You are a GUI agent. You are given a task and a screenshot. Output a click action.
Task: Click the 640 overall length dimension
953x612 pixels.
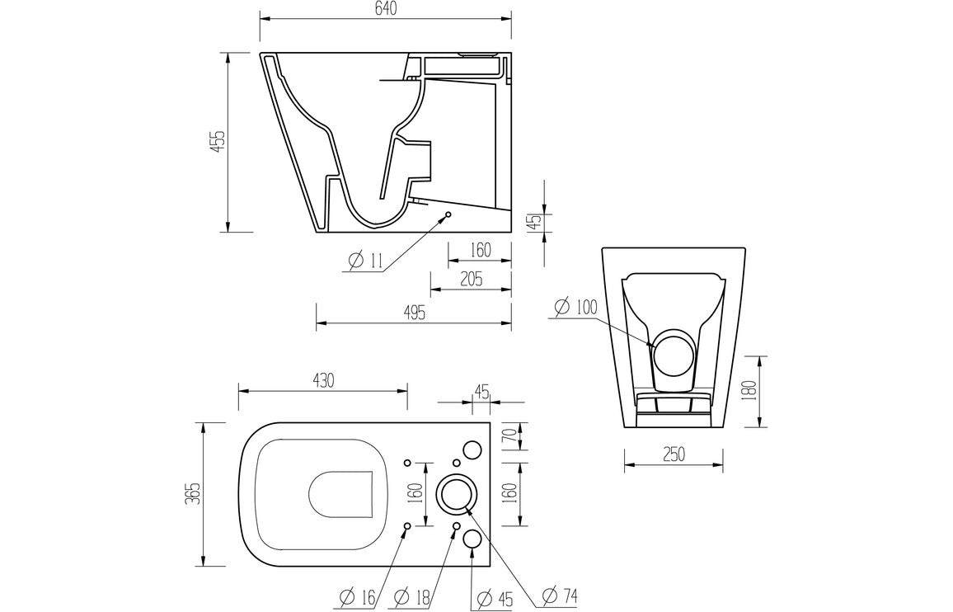385,9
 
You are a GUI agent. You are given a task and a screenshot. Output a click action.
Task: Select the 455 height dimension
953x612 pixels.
215,142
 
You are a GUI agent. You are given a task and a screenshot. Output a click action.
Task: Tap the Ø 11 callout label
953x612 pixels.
365,261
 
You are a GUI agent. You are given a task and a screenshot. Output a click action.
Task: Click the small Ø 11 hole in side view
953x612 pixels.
448,215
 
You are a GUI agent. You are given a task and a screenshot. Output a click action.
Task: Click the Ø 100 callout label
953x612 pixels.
575,308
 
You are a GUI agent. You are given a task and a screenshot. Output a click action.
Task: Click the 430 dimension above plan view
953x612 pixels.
322,380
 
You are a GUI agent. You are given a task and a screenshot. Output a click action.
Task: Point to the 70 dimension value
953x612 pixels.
509,435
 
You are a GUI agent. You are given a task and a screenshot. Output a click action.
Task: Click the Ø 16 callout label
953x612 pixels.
359,596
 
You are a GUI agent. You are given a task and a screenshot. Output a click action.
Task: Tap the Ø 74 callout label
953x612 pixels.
560,595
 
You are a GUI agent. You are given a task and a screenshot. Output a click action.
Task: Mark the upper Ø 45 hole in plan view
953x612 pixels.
472,448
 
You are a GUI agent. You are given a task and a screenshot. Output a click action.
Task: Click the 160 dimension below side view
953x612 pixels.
481,249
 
